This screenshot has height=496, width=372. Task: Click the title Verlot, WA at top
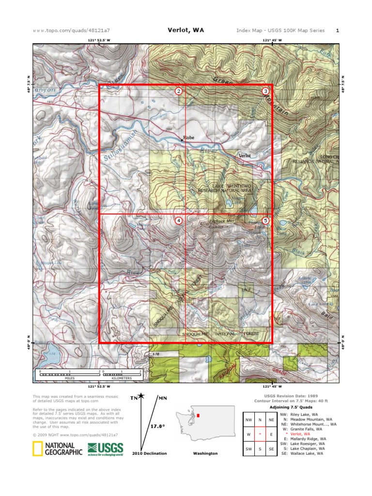click(186, 30)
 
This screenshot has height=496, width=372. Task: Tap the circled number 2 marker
click(179, 91)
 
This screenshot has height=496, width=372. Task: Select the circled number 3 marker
click(265, 91)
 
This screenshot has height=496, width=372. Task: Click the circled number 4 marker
click(179, 220)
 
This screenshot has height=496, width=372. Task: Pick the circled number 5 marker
click(265, 220)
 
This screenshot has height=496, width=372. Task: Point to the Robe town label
click(188, 138)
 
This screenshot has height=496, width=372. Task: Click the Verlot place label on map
click(244, 156)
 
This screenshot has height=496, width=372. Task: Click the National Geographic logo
click(54, 449)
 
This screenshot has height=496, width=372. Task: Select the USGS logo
click(105, 449)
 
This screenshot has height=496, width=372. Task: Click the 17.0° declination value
click(157, 426)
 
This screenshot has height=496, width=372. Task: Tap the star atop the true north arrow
click(141, 396)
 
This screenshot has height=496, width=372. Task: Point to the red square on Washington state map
click(198, 416)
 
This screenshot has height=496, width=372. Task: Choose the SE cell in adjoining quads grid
click(271, 449)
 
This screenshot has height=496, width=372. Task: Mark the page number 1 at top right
click(337, 31)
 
